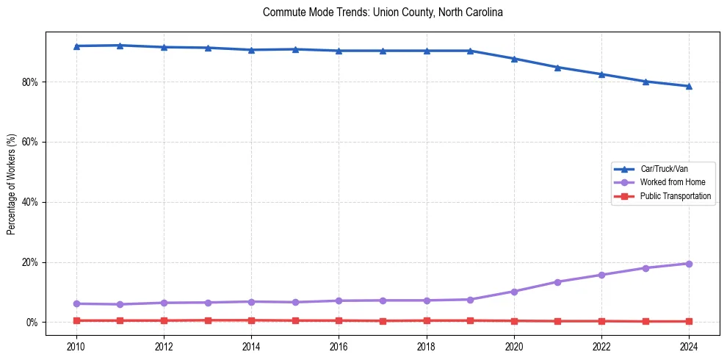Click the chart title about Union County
coord(382,12)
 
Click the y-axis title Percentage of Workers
coord(11,184)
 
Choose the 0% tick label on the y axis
coord(32,323)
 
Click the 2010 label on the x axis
coord(76,346)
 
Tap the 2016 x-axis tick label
coord(339,346)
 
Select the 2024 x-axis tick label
coord(689,346)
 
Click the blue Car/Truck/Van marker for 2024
coord(689,86)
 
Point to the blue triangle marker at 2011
coord(120,46)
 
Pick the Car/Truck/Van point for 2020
coord(514,59)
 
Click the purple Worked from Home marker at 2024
coord(689,264)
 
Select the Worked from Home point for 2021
coord(557,282)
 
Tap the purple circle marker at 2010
coord(76,303)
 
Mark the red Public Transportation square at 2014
coord(251,320)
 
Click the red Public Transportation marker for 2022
coord(601,321)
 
